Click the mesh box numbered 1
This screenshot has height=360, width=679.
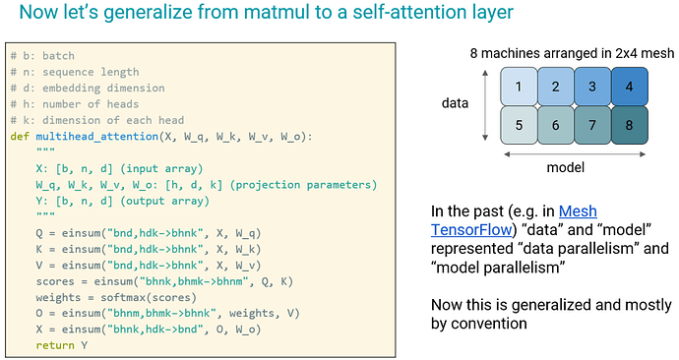[x=519, y=87]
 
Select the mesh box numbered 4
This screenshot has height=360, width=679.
[x=630, y=87]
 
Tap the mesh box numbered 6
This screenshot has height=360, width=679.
[x=556, y=125]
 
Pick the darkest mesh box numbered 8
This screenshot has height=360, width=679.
[x=630, y=125]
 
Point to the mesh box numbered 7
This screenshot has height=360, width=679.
[x=592, y=125]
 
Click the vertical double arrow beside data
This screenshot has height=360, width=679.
[x=485, y=105]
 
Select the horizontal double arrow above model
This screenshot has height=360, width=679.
[x=575, y=154]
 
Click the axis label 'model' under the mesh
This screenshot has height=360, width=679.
[x=565, y=167]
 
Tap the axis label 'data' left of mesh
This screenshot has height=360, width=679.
[x=455, y=103]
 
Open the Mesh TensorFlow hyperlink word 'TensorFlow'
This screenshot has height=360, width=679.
[x=471, y=230]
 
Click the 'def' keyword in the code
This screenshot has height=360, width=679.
[x=20, y=137]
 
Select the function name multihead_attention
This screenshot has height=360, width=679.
[x=97, y=137]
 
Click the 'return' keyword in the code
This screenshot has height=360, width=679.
[x=55, y=345]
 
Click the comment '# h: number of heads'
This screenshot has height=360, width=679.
[x=75, y=104]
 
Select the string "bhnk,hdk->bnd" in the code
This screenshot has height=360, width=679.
[x=158, y=330]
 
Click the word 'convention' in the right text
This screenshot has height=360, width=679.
[x=490, y=324]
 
